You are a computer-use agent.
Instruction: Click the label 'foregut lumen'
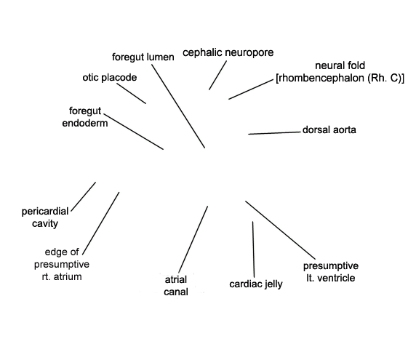coord(143,57)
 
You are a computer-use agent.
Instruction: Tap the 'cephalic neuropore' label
coord(228,52)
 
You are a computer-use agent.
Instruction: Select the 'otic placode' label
coord(110,78)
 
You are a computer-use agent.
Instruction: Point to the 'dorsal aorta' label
coord(329,129)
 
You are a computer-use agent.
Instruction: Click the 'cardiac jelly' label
coord(256,284)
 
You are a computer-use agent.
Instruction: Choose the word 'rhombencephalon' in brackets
coord(321,78)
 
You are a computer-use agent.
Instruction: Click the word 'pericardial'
coord(45,212)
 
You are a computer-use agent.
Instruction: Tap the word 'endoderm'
coord(85,123)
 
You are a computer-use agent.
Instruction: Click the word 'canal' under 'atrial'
coord(176,292)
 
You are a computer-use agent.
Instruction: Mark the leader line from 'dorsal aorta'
coord(274,133)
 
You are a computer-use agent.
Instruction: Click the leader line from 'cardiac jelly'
coord(253,249)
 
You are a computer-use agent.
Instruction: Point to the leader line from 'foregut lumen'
coord(178,106)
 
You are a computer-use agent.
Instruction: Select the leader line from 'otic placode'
coord(131,93)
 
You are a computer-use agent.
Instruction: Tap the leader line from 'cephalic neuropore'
coord(217,75)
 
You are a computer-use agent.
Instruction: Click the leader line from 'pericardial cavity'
coord(83,197)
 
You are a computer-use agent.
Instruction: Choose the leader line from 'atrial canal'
coord(193,239)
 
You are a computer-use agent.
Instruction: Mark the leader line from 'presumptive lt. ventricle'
coord(280,231)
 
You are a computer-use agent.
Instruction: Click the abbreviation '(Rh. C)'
coord(386,78)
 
